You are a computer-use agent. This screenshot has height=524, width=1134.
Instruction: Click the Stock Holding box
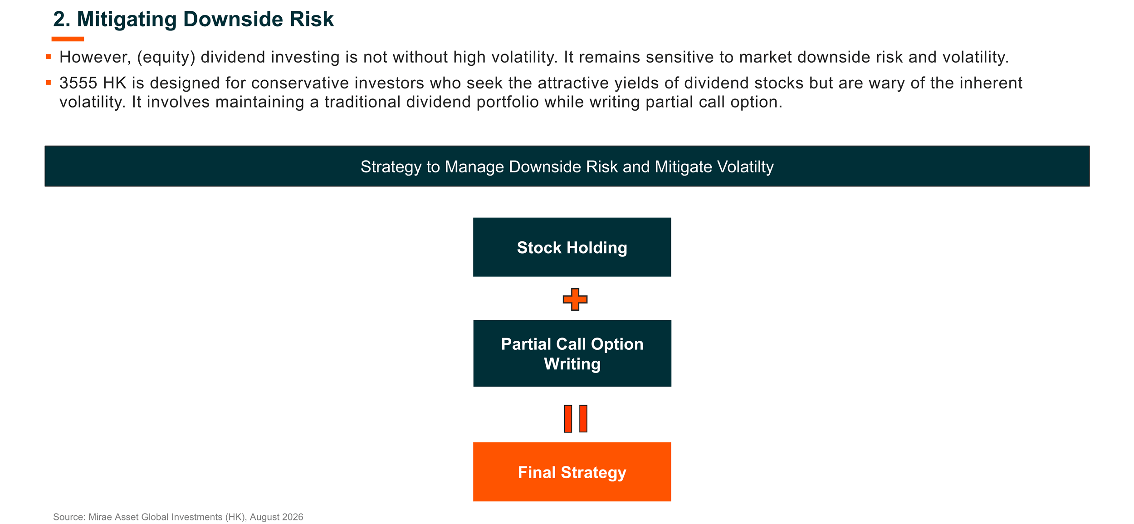coord(572,247)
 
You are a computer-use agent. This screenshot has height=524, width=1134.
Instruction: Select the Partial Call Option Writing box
coord(572,353)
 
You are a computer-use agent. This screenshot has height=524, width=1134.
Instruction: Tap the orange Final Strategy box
coord(572,472)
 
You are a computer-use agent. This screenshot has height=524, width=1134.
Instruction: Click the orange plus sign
coord(575,299)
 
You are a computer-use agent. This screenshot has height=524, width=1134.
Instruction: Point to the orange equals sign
coord(576,419)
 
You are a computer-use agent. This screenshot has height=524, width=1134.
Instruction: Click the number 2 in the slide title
coord(59,20)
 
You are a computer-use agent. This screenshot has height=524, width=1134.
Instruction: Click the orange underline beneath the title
coord(68,39)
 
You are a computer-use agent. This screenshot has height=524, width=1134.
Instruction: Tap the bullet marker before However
coord(49,57)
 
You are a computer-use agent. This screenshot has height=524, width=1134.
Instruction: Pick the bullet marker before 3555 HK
coord(49,83)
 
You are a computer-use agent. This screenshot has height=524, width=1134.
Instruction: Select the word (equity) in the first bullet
coord(166,57)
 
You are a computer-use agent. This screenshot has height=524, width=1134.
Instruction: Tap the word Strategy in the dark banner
coord(391,167)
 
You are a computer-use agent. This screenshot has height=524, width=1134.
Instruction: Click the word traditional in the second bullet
coord(362,102)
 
